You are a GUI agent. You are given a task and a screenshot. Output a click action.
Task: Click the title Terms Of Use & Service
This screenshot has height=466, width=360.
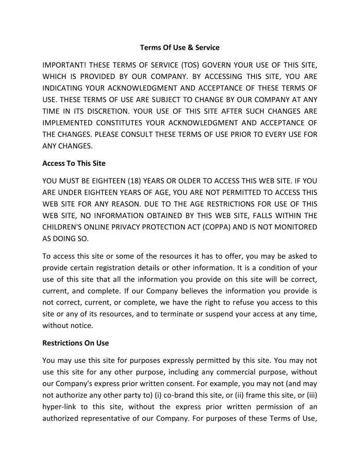coord(180,47)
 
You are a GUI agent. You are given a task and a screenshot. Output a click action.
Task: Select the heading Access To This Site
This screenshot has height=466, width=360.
coord(74,163)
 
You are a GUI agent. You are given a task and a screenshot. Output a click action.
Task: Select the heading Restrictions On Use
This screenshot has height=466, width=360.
coord(75,343)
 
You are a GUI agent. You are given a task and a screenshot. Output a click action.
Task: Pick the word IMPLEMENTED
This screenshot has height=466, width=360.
coord(67,122)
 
